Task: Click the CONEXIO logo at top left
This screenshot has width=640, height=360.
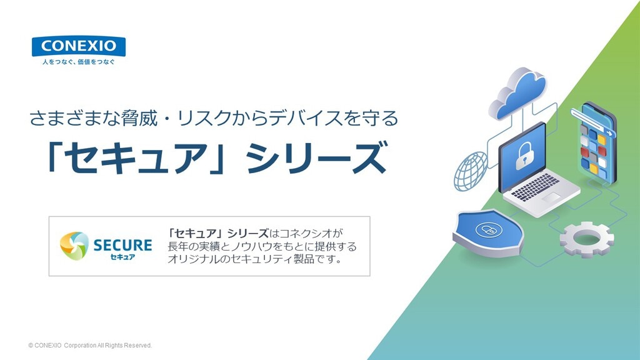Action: [x=79, y=46]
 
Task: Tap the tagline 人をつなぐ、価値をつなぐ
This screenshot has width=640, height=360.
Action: [x=79, y=62]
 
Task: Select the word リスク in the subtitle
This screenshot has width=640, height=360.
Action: [x=201, y=117]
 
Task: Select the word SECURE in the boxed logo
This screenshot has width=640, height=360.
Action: [x=122, y=244]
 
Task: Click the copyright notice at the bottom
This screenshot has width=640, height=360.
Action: [x=90, y=345]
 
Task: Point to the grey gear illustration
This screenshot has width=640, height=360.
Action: [x=587, y=237]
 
